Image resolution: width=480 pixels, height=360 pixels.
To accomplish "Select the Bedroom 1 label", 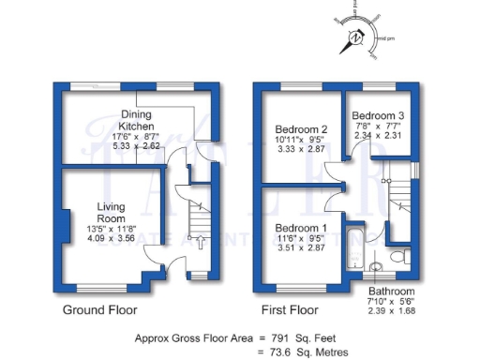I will [300, 228].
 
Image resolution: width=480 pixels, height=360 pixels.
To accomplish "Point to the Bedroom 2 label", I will [300, 129].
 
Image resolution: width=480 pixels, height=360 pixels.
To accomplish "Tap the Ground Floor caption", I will [99, 309].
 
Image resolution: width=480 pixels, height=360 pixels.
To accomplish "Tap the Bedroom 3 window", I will [380, 86].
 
